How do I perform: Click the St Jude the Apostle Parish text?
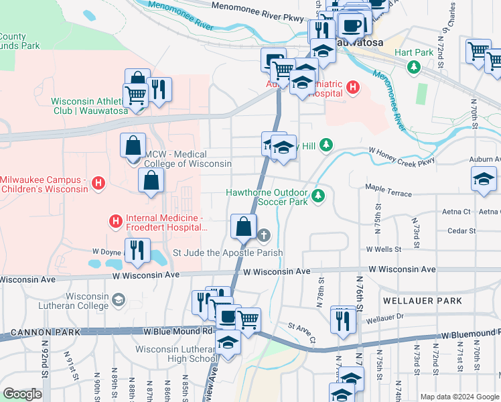pyautogui.click(x=228, y=253)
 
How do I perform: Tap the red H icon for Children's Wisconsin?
pyautogui.click(x=98, y=182)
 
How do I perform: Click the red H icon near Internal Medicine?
pyautogui.click(x=115, y=220)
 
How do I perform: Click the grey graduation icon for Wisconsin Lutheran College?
pyautogui.click(x=119, y=299)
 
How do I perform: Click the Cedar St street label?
pyautogui.click(x=461, y=230)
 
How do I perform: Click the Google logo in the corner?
pyautogui.click(x=22, y=394)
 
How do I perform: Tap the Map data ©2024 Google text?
pyautogui.click(x=459, y=397)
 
